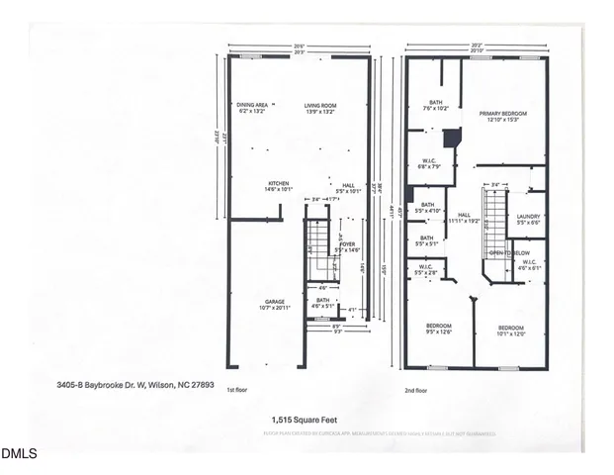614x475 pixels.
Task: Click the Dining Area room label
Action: tap(252, 107)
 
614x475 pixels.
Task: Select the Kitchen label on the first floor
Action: tap(278, 185)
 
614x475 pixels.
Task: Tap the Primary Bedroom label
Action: tap(503, 117)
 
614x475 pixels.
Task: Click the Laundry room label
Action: tap(527, 219)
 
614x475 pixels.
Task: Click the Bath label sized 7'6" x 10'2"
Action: tap(435, 104)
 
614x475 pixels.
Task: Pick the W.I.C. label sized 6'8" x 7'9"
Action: tap(430, 164)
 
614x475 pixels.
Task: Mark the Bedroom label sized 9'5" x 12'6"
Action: tap(439, 330)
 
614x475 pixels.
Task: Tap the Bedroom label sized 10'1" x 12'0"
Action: tap(510, 330)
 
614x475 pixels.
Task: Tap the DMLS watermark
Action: tap(19, 454)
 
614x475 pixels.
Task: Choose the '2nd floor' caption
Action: tap(416, 390)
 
